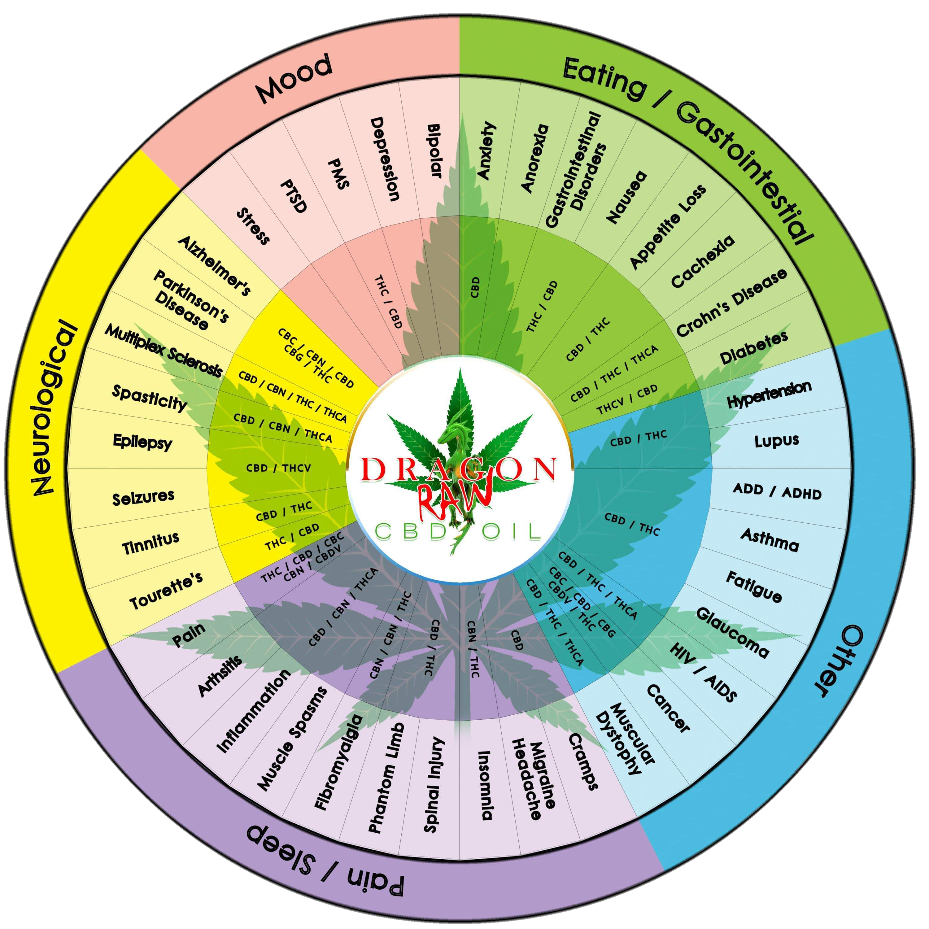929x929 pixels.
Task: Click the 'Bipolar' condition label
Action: coord(434,151)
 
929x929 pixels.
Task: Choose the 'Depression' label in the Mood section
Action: coord(385,158)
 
